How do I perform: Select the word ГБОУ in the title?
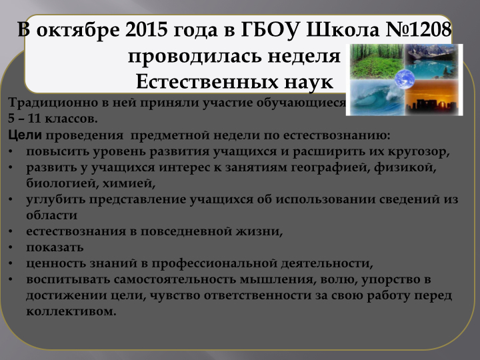269,30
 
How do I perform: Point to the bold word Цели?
25,135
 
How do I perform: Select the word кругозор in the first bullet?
419,152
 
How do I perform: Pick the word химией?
129,183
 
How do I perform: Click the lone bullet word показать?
55,247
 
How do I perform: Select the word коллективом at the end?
71,311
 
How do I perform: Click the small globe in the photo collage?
405,79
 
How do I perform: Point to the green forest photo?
377,61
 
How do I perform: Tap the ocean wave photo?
377,97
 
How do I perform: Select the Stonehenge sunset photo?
431,97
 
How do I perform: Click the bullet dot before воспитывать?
11,279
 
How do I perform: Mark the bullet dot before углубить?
11,199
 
